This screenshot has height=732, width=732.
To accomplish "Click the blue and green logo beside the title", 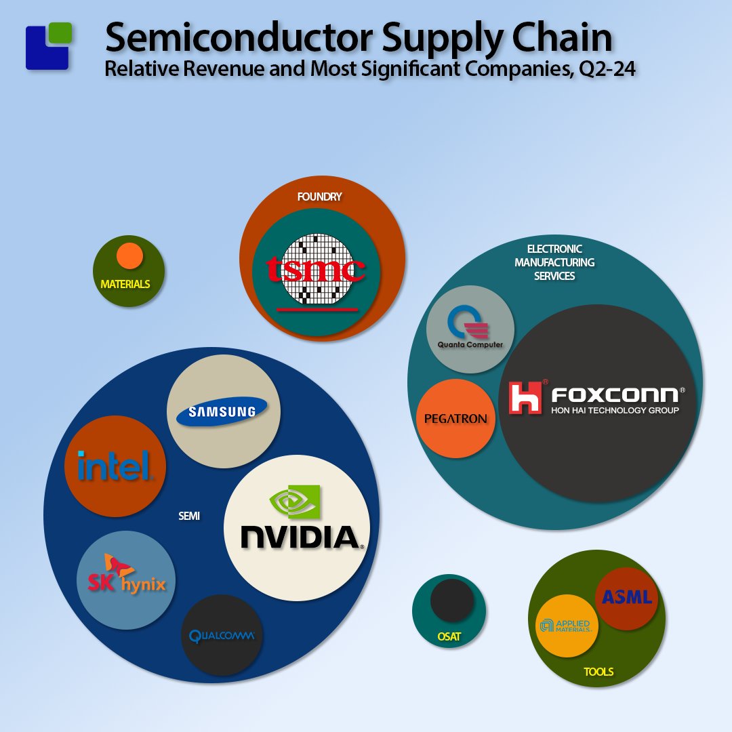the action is pos(49,46).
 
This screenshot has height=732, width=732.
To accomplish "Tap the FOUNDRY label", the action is pos(319,197).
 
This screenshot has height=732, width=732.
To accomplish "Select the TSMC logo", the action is pos(315,270).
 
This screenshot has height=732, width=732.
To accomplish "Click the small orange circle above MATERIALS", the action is pos(129,256).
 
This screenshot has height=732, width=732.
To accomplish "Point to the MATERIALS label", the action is pos(125,284).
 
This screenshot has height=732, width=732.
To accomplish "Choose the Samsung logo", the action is pos(222,411).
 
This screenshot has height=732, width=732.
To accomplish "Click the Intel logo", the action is pos(113,466).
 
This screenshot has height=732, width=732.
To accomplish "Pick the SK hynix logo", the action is pos(125,575).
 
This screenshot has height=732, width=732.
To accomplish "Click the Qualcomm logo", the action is pos(222,636).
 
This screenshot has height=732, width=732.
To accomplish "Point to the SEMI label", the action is pos(189,516).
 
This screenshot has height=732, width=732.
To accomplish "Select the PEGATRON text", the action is pos(455,419).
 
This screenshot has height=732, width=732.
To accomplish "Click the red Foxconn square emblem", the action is pos(525,397).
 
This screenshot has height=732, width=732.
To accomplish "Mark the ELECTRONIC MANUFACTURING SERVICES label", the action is pos(554,262).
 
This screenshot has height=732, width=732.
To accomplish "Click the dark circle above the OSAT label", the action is pos(452,601).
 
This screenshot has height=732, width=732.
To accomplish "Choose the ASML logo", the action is pos(627,597).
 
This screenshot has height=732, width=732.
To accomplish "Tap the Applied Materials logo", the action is pos(566,626).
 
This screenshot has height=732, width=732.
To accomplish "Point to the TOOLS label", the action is pos(598,672).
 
